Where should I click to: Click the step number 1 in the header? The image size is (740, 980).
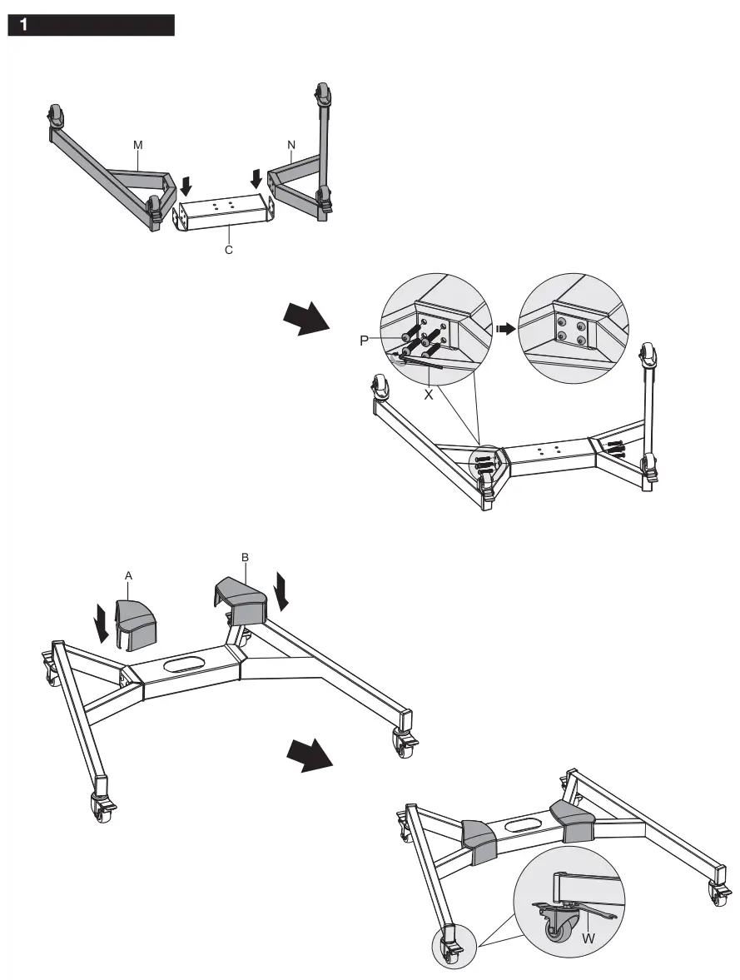pos(24,26)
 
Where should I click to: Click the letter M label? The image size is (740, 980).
pos(138,145)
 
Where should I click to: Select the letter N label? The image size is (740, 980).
pos(291,145)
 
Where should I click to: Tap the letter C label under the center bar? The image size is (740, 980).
pos(228,250)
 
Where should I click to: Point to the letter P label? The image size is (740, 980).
pos(364,341)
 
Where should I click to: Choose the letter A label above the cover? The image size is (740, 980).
pos(129,575)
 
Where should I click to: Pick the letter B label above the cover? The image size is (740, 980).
pos(245,557)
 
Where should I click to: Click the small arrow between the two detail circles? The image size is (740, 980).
pos(504,329)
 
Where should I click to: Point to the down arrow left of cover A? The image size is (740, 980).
pos(101,623)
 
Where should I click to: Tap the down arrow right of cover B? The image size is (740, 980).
pos(283,589)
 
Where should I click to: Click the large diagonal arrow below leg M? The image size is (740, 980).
pos(304,317)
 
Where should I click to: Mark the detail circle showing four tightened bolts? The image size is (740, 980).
pos(570,326)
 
